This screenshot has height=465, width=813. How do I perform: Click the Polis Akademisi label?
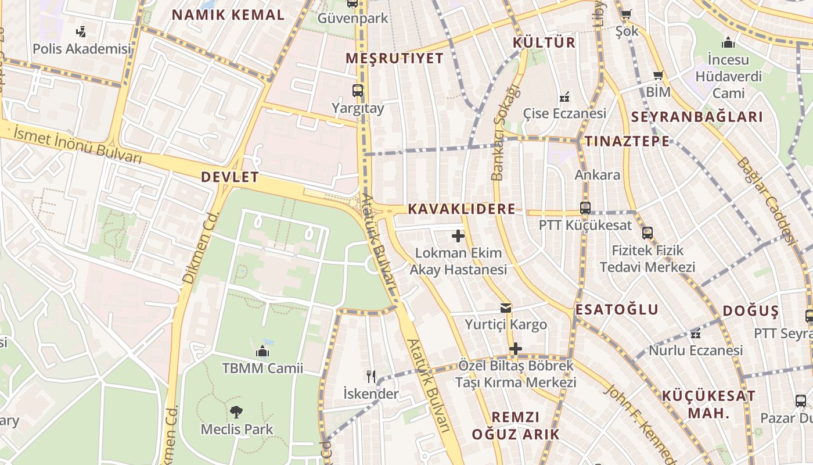click(81, 49)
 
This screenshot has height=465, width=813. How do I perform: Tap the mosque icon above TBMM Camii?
click(262, 352)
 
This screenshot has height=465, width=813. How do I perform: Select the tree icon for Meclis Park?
click(236, 412)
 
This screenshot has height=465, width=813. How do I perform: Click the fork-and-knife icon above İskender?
click(371, 377)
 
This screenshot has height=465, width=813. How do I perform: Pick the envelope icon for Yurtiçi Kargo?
click(506, 308)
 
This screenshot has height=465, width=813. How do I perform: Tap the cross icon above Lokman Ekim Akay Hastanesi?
click(458, 236)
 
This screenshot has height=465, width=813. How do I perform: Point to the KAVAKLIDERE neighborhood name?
click(462, 209)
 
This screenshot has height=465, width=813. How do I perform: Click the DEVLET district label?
click(230, 177)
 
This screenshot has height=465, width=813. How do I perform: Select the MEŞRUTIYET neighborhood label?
click(394, 58)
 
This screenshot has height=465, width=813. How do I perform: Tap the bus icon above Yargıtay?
click(358, 91)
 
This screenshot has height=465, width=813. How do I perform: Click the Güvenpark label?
click(352, 19)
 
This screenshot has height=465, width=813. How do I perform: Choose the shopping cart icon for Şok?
click(626, 15)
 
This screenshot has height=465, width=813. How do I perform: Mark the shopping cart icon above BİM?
click(658, 75)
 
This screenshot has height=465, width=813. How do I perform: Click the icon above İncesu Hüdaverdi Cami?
click(728, 43)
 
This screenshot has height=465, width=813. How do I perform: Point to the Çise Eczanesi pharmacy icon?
click(564, 97)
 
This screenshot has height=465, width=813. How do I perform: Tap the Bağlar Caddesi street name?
click(765, 200)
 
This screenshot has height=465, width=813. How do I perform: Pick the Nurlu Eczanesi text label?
click(696, 350)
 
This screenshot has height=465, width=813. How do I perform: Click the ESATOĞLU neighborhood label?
click(617, 310)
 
